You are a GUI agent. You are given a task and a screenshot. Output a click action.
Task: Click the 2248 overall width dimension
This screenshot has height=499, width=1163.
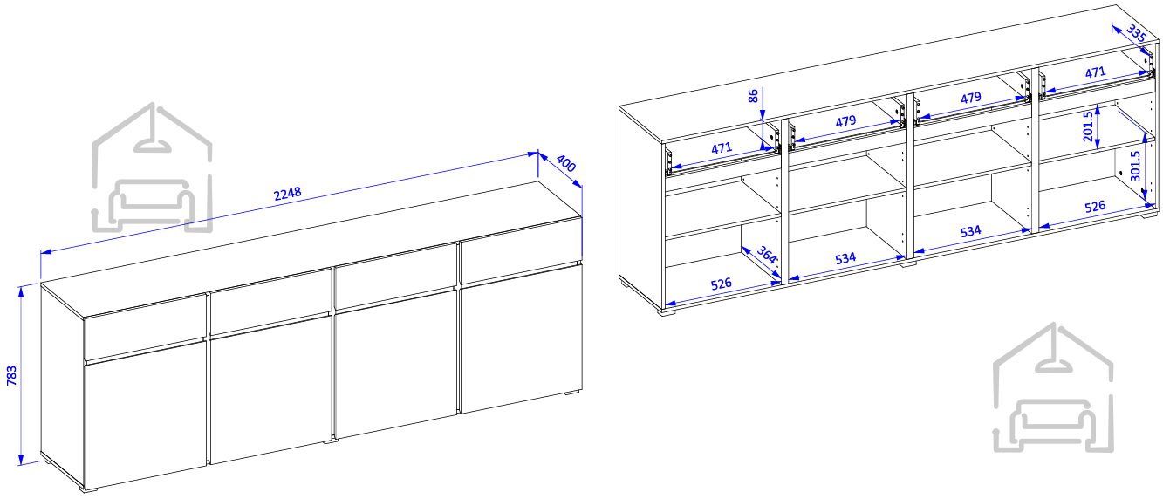click(x=287, y=194)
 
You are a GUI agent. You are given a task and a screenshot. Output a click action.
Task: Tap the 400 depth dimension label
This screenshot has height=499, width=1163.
click(x=566, y=163)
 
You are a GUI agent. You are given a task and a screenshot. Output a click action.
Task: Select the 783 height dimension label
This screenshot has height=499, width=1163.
click(x=11, y=375)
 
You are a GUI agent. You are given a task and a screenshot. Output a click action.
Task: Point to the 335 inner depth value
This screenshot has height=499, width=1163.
click(x=1137, y=34)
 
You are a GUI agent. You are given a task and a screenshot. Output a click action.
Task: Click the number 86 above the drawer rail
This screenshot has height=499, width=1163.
click(x=753, y=96)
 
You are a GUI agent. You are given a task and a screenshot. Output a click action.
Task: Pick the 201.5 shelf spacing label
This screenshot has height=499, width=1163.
click(x=1088, y=126)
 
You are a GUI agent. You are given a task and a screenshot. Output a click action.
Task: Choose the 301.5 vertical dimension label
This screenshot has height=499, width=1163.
click(x=1135, y=166)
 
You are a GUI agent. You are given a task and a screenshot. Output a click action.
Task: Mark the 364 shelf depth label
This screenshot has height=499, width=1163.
click(x=767, y=255)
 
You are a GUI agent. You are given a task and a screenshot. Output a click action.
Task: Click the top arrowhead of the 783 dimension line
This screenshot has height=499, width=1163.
click(x=21, y=292)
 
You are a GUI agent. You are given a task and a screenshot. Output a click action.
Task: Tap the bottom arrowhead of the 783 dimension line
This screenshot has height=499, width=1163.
click(x=21, y=459)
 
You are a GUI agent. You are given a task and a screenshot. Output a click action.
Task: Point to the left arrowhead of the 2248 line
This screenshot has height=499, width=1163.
click(x=46, y=252)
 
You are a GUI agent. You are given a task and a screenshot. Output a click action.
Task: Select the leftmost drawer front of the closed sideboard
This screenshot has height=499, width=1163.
click(x=146, y=326)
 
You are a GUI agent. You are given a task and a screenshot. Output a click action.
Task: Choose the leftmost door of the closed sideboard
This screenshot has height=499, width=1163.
click(x=146, y=414)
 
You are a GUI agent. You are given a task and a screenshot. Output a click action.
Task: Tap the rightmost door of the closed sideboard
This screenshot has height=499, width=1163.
click(x=521, y=339)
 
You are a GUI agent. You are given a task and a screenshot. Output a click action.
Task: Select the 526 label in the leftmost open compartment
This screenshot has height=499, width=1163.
click(x=722, y=284)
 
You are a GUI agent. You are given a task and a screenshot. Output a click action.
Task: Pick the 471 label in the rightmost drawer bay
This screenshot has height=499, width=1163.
click(x=1095, y=72)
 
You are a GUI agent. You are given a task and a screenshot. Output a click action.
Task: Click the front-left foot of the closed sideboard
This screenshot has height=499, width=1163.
click(x=89, y=489)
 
